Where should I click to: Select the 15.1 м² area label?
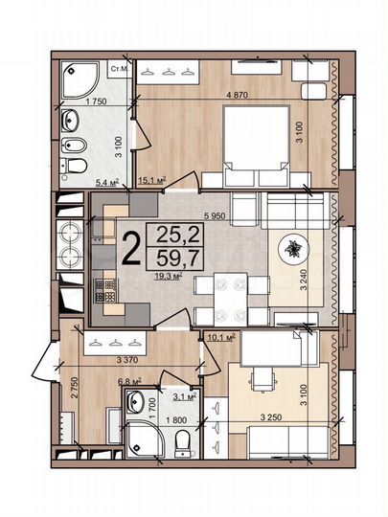tap(153, 179)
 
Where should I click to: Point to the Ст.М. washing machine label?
tap(121, 70)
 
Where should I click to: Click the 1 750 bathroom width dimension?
tap(93, 101)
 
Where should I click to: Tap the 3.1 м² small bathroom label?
tap(183, 394)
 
